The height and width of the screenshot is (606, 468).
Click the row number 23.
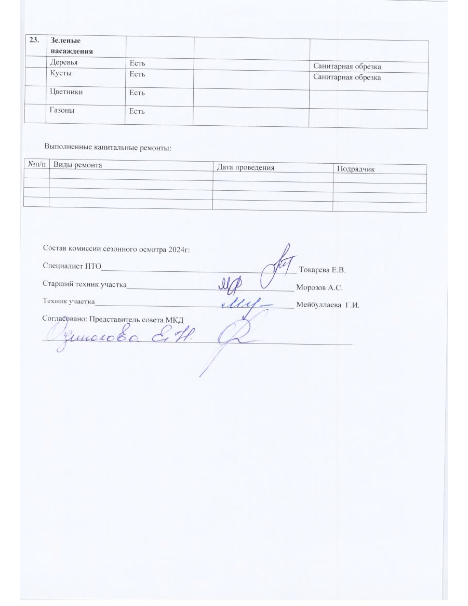[34, 41]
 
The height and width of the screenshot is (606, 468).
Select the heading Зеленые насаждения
[72, 46]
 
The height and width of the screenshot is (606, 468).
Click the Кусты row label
[61, 73]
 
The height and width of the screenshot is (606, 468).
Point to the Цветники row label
[66, 92]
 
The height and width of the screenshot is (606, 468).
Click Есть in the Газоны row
[137, 111]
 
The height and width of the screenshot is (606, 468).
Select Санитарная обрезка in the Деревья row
[347, 67]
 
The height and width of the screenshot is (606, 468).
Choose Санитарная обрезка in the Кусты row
[347, 77]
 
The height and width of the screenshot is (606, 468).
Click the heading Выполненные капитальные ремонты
[108, 148]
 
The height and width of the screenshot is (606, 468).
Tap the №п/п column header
[36, 165]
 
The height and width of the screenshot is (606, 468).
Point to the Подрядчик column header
[356, 169]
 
